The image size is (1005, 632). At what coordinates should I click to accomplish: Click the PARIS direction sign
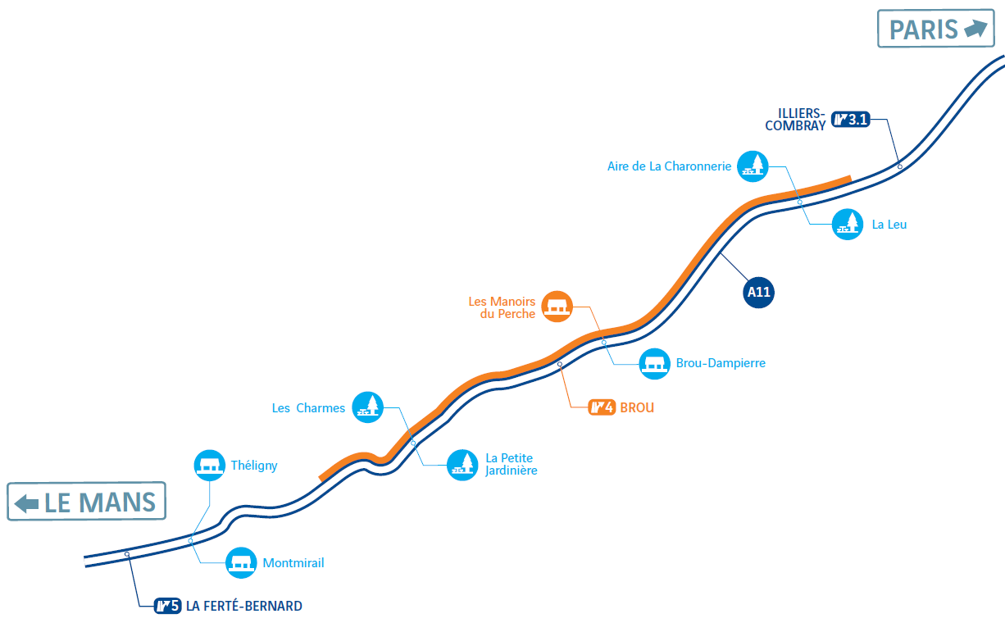(x=936, y=28)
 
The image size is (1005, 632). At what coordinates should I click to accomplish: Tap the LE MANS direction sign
(x=87, y=502)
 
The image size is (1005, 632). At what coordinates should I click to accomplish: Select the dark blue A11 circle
(x=758, y=293)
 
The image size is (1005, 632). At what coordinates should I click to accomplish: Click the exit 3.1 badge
(x=851, y=120)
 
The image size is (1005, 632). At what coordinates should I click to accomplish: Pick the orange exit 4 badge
(x=602, y=407)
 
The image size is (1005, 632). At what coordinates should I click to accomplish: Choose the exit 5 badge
(x=167, y=606)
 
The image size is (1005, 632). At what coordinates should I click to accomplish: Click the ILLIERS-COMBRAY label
(x=795, y=120)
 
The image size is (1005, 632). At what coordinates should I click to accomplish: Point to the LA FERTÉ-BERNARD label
(x=244, y=606)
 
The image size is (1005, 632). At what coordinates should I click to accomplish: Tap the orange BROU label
(x=637, y=407)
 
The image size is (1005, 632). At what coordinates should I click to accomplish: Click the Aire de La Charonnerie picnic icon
(x=753, y=166)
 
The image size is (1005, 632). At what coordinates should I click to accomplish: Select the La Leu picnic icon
(x=848, y=225)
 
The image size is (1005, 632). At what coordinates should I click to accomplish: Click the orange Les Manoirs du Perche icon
(x=557, y=307)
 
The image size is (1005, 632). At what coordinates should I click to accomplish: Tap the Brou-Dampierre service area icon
(x=655, y=364)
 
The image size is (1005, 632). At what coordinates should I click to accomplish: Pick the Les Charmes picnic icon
(x=367, y=407)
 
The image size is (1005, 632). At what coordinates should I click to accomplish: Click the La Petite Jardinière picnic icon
(x=462, y=465)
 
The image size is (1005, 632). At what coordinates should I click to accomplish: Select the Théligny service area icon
(x=210, y=466)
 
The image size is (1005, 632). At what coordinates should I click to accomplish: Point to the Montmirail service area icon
(x=241, y=563)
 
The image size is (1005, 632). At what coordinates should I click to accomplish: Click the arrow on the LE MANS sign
(x=26, y=503)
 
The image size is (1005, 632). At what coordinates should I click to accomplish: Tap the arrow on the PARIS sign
(x=975, y=28)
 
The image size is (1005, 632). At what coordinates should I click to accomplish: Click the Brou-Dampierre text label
(x=721, y=363)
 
